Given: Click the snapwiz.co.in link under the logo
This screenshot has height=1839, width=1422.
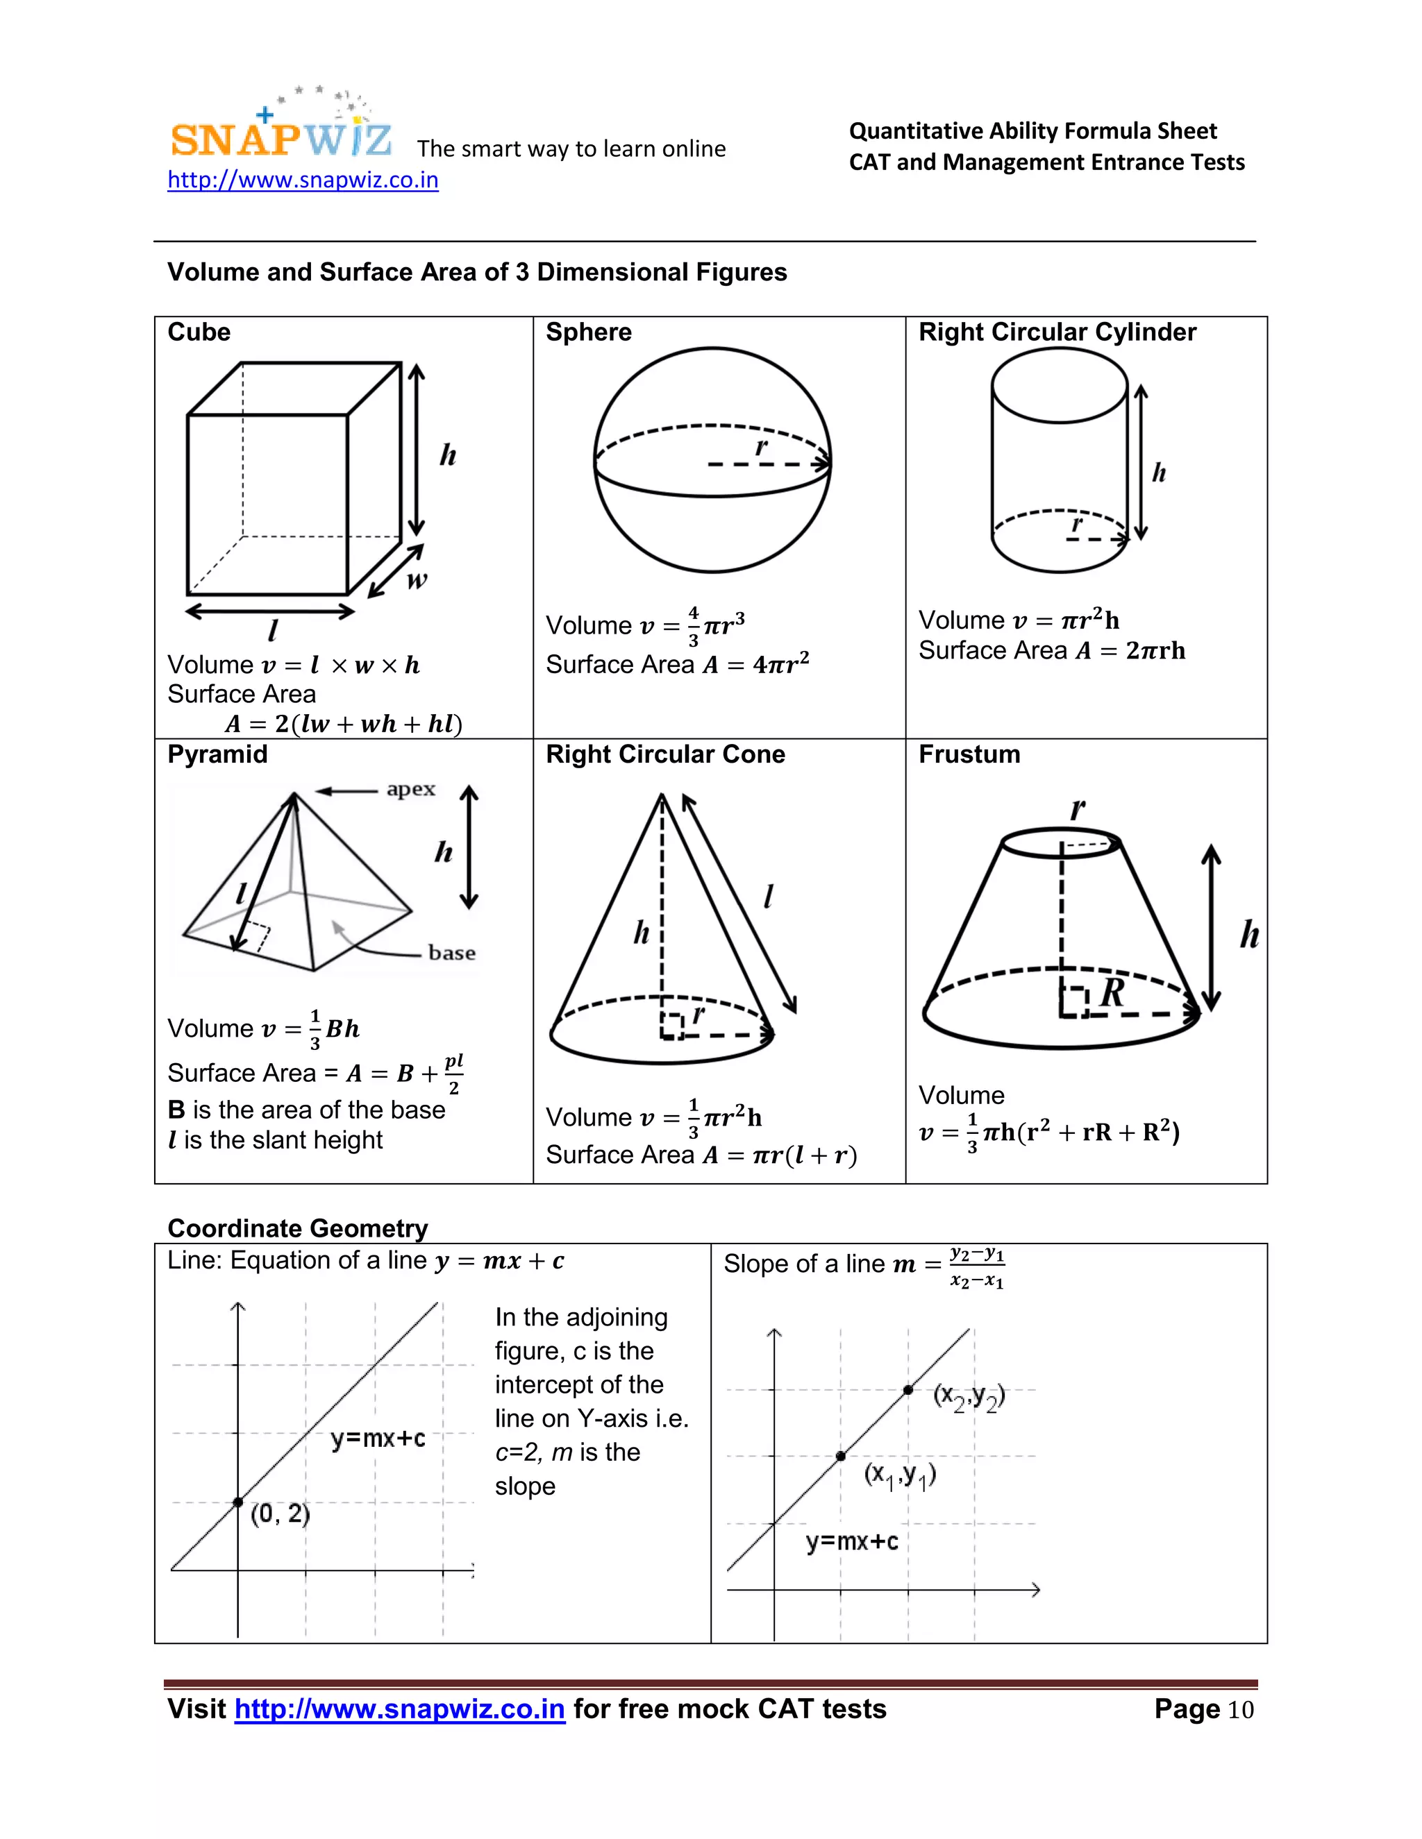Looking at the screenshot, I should point(303,180).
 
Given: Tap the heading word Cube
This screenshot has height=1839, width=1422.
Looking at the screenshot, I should point(199,332).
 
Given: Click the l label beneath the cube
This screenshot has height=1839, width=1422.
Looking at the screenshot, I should point(272,630).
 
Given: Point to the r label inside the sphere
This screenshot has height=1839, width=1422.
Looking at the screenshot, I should point(761,447).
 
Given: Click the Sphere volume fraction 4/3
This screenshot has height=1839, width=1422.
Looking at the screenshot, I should point(694,626).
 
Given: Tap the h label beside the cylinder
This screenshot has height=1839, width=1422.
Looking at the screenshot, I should point(1159,473).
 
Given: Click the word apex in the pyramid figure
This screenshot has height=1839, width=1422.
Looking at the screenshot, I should point(411,789).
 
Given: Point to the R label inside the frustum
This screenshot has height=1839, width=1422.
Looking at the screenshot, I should point(1112,993).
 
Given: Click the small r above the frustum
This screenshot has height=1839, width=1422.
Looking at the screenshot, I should point(1077,809).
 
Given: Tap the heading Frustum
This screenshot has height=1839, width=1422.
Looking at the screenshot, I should point(969,754).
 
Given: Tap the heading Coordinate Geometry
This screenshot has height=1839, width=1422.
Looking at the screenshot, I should point(297,1228).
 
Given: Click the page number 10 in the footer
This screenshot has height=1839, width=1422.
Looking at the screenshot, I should point(1240,1709).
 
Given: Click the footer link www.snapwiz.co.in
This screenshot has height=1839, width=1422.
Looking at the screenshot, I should point(399,1709).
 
